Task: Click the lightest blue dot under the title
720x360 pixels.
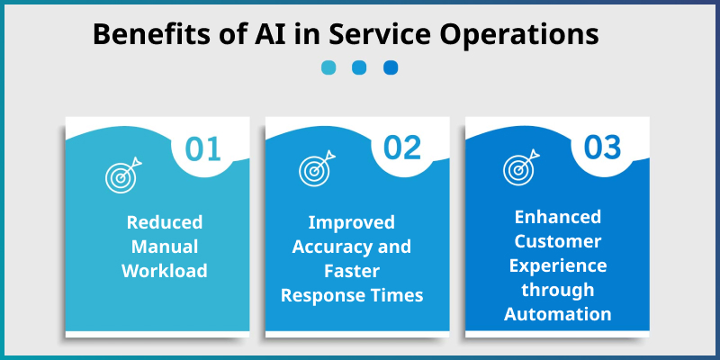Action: click(328, 67)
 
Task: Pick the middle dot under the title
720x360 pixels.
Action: click(359, 67)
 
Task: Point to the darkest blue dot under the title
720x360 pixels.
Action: click(391, 67)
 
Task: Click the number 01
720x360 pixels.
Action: click(203, 148)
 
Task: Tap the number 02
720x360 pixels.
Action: click(403, 148)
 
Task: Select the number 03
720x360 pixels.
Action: click(603, 148)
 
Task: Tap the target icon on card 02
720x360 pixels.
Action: click(317, 169)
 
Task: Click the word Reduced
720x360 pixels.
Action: click(165, 222)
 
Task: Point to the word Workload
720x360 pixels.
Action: click(165, 269)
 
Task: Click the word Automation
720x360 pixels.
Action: click(558, 313)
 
